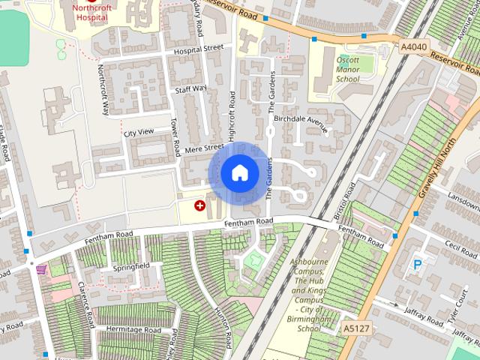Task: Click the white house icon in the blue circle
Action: point(239,173)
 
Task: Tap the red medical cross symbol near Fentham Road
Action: point(200,205)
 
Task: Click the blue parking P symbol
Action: point(418,264)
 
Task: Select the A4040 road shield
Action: point(414,46)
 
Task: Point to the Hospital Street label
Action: point(198,49)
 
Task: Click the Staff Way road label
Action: point(190,88)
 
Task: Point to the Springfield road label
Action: point(131,266)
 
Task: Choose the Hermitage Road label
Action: point(133,330)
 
